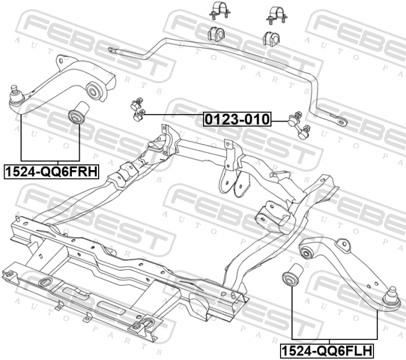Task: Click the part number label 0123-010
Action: coord(237,119)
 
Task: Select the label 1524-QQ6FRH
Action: coord(51,172)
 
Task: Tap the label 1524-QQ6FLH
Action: coord(327,351)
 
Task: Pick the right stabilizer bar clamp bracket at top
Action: coord(276,15)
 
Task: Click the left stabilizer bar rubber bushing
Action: coord(216,34)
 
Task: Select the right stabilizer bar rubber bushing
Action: coord(272,38)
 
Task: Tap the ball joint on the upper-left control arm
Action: coord(15,94)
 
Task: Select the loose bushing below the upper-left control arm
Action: coord(78,113)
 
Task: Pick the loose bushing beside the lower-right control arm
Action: coord(293,275)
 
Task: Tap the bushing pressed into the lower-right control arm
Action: coord(306,251)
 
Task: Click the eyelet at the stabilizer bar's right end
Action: coord(342,121)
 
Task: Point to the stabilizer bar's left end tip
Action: coord(110,49)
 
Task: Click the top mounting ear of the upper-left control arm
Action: coord(61,61)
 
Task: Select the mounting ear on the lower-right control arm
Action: coord(344,244)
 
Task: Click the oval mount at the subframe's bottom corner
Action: coord(147,322)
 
